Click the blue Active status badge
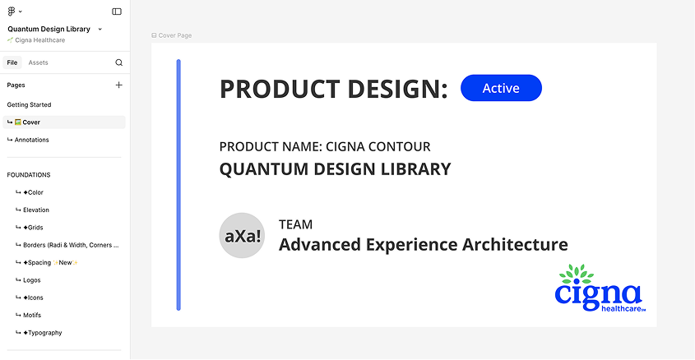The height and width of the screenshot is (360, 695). pos(501,88)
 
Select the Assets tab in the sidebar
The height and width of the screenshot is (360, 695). pos(38,62)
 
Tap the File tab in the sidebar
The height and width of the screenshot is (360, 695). pos(12,62)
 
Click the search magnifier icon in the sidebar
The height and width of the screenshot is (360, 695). pos(118,62)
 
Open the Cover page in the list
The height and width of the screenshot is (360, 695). pos(31,122)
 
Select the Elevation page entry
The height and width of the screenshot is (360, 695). pos(36,210)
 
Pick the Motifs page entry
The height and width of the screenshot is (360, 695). pos(32,316)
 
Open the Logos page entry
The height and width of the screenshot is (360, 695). pos(31,280)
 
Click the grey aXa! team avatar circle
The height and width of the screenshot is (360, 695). pos(242,236)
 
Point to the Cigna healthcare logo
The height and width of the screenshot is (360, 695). pos(599,288)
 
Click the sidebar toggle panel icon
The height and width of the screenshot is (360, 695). pos(117,12)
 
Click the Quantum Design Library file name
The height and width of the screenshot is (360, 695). pos(49,29)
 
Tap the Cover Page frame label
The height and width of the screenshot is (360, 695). pos(174,35)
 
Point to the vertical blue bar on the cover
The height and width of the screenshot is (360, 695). pos(178,184)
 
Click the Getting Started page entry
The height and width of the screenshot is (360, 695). pos(29,105)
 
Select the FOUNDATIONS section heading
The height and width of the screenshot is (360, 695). pos(29,175)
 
